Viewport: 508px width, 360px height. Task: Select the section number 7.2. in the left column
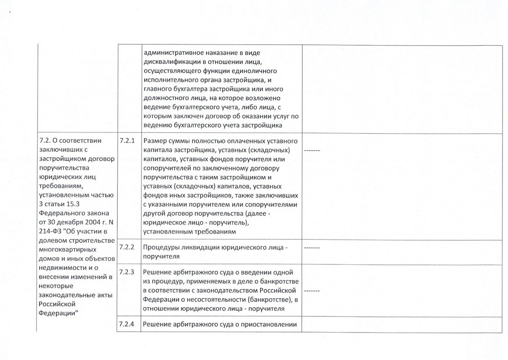click(x=45, y=140)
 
